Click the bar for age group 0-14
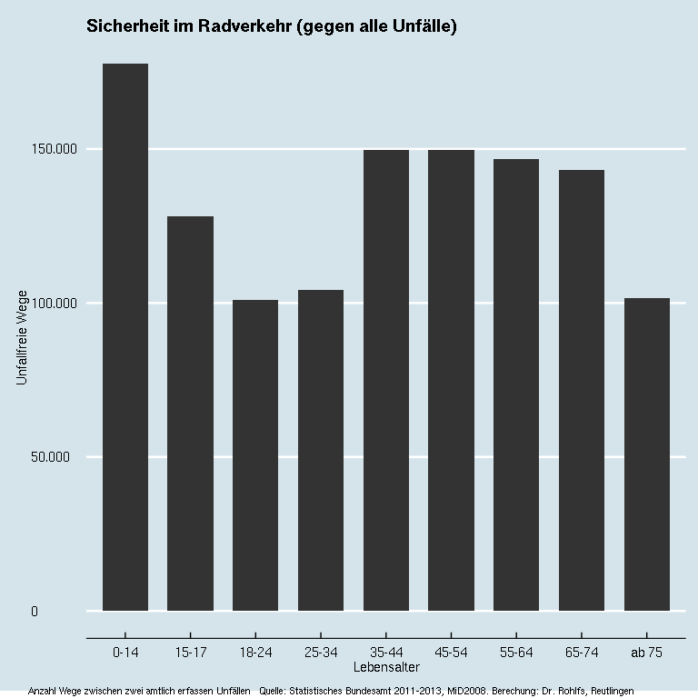tap(125, 336)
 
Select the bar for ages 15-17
tap(190, 414)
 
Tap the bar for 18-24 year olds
tap(255, 454)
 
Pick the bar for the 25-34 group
tap(321, 450)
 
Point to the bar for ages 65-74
tap(582, 390)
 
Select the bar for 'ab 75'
tap(647, 454)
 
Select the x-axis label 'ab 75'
tap(647, 652)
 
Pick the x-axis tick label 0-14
tap(125, 652)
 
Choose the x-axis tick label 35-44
tap(386, 652)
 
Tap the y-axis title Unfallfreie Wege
tap(23, 337)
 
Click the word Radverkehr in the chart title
tap(251, 27)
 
